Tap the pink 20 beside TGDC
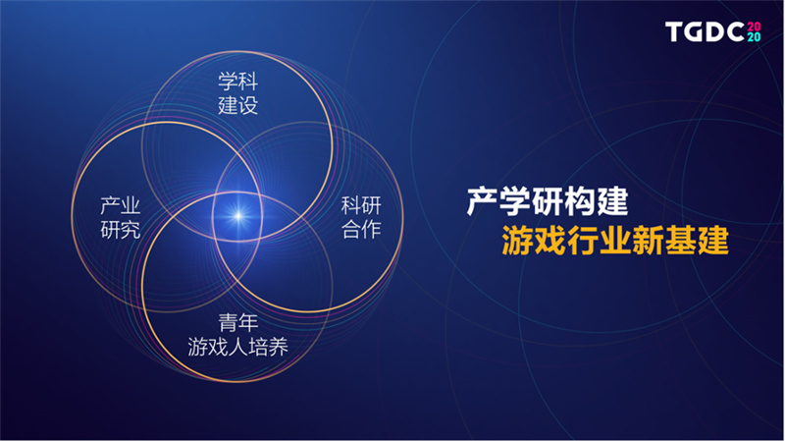point(754,27)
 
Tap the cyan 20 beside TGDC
point(754,37)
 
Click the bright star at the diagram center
point(238,216)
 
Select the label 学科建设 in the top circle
point(237,93)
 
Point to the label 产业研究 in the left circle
point(120,217)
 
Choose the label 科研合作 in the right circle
point(361,217)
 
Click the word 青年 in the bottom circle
point(237,323)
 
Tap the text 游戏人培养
point(237,347)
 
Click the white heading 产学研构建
point(548,202)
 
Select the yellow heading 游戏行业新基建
point(615,241)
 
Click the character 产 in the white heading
point(483,202)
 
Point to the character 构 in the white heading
point(580,202)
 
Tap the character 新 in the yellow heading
point(648,241)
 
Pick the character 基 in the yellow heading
point(680,241)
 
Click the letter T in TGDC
point(674,32)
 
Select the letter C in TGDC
point(735,32)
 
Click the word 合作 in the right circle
point(361,230)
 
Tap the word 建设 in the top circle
point(237,105)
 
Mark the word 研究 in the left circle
point(120,230)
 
